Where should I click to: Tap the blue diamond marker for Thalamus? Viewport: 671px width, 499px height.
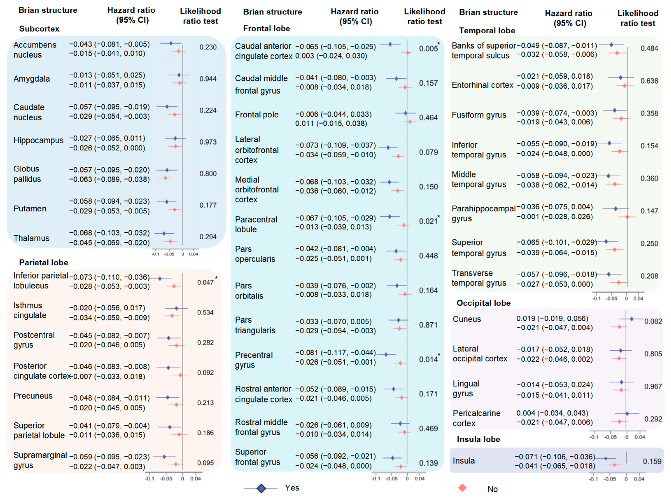[x=164, y=233]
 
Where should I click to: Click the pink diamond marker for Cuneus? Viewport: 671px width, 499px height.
[x=619, y=327]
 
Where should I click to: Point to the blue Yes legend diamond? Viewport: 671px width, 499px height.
[x=261, y=488]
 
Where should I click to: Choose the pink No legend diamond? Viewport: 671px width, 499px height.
[x=462, y=487]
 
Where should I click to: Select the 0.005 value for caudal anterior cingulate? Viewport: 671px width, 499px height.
[x=428, y=49]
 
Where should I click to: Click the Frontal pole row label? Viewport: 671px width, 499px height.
[x=256, y=115]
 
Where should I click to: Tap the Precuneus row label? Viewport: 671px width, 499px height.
[x=33, y=396]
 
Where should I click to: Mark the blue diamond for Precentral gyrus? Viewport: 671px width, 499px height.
[x=386, y=355]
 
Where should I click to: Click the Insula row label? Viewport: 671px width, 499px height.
[x=464, y=461]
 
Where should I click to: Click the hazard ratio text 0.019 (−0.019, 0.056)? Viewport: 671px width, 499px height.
[x=552, y=318]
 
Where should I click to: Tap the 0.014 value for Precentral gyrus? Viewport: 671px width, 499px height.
[x=428, y=360]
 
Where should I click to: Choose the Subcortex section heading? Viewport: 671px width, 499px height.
[x=39, y=29]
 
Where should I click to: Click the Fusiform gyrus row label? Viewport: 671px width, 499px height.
[x=479, y=115]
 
